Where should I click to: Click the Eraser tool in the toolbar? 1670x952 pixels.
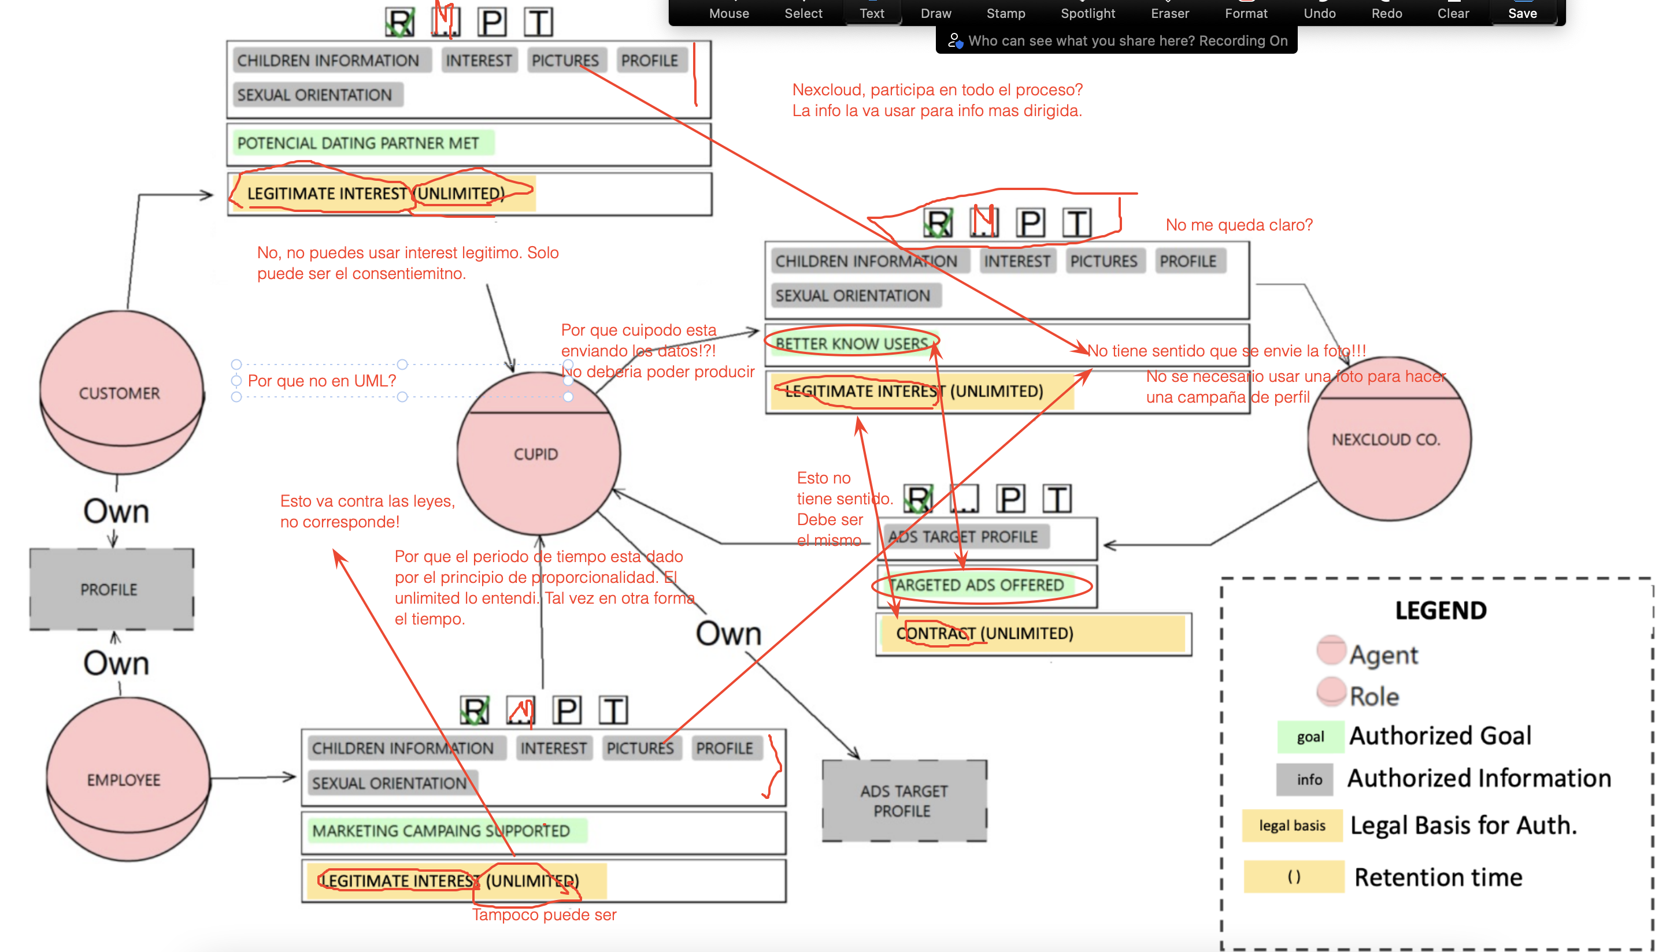coord(1169,13)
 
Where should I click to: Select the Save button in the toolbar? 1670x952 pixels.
coord(1522,13)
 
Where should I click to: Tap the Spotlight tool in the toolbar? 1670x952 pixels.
coord(1087,13)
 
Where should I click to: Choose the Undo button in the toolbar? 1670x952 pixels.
coord(1319,13)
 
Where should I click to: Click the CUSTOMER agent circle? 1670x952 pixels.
coord(120,392)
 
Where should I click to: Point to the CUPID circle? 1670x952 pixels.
coord(537,454)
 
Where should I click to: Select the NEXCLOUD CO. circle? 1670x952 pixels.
coord(1387,440)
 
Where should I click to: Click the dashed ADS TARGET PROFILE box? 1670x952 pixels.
coord(904,801)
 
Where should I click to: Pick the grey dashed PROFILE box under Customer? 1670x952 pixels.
coord(110,590)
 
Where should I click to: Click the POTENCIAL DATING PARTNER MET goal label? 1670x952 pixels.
coord(358,143)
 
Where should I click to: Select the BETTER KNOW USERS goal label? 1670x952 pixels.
coord(851,343)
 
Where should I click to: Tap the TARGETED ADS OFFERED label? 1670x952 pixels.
coord(976,585)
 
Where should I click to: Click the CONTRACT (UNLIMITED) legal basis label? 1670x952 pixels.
coord(984,633)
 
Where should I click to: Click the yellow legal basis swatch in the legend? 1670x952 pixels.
coord(1291,825)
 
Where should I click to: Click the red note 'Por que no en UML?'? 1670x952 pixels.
coord(322,381)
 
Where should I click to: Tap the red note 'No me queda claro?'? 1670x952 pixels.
coord(1238,225)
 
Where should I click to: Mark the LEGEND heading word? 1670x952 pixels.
coord(1441,610)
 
